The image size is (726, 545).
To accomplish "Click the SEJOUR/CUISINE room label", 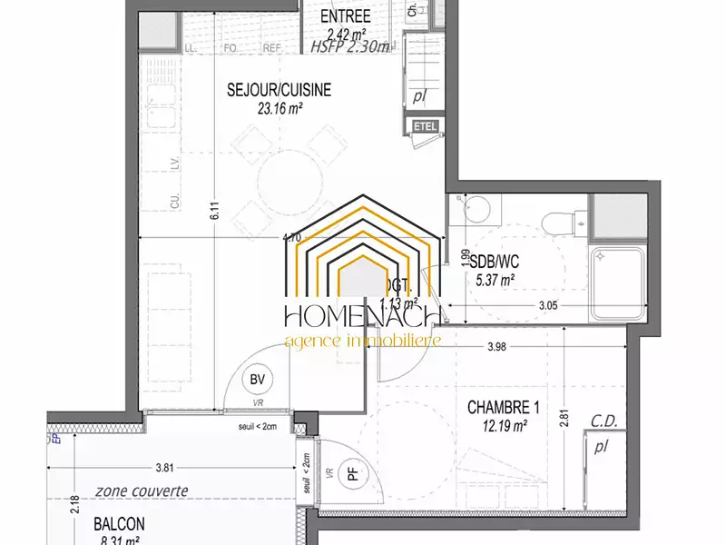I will pos(279,90).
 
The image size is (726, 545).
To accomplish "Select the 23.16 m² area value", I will pos(280,107).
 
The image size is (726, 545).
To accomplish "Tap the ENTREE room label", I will pos(347,15).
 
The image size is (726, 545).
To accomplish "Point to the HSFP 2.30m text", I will pos(349,46).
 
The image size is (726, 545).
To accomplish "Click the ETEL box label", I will pos(425,126).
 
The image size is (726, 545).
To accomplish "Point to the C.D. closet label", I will pos(605,421).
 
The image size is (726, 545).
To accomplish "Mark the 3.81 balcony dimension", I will pos(164,469).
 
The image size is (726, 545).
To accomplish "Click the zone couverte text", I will pos(140,491).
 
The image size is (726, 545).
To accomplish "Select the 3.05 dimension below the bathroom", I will pos(546,306).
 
